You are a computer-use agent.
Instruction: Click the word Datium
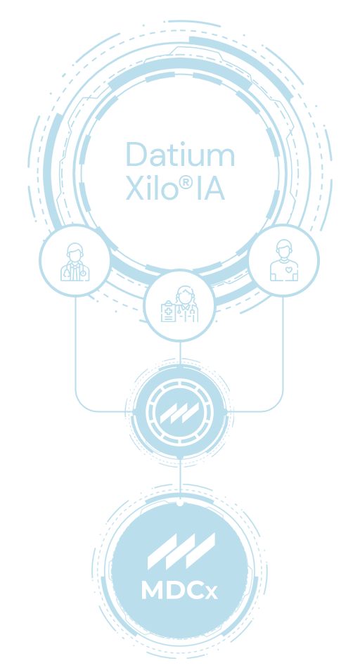(x=180, y=154)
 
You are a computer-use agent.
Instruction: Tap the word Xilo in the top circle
(x=152, y=188)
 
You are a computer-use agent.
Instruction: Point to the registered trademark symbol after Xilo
(x=186, y=182)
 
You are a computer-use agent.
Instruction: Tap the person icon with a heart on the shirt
(x=284, y=260)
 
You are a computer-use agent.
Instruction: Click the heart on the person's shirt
(x=288, y=269)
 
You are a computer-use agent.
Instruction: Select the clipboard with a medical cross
(x=168, y=311)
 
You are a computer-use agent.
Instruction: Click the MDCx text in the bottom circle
(x=179, y=590)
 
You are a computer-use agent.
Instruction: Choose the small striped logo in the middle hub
(x=179, y=413)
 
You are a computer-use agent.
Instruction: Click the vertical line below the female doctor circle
(x=180, y=353)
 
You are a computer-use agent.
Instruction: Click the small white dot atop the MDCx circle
(x=180, y=503)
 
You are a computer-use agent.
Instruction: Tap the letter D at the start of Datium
(x=136, y=154)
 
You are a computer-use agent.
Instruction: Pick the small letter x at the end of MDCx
(x=212, y=593)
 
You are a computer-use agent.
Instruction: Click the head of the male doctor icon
(x=75, y=252)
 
